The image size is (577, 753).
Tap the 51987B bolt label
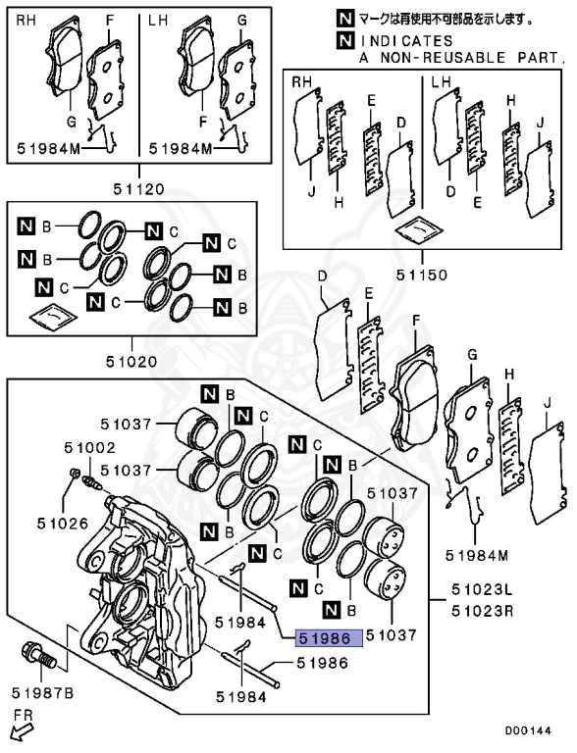click(x=43, y=693)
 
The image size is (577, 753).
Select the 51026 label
click(x=63, y=523)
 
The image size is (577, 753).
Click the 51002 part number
click(x=90, y=447)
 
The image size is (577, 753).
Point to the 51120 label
click(x=139, y=188)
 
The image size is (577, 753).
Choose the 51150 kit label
click(x=422, y=275)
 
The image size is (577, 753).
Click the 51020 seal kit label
click(x=131, y=361)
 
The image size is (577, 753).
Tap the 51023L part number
click(x=482, y=588)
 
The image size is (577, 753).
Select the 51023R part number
click(x=482, y=612)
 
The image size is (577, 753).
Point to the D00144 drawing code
click(x=528, y=730)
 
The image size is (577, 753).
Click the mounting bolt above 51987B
click(x=38, y=657)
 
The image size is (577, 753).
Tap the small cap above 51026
click(x=75, y=473)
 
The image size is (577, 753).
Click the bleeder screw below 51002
click(x=91, y=482)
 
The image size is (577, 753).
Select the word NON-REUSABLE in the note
click(x=444, y=58)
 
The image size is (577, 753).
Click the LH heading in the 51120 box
click(x=158, y=21)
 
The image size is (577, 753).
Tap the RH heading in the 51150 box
click(x=302, y=82)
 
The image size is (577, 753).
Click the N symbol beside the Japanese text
click(x=345, y=19)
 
